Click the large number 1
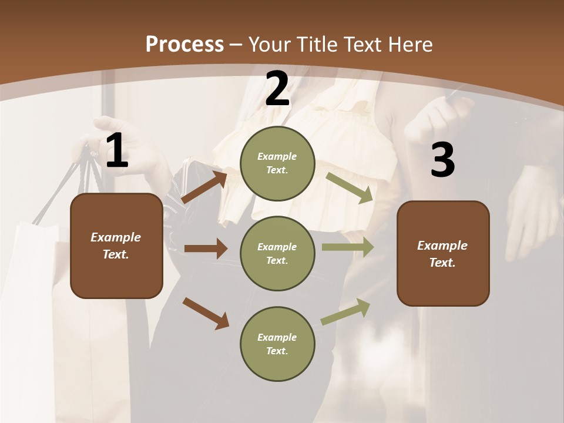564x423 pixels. point(117,151)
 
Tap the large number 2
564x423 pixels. point(277,89)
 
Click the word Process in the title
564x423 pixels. point(184,44)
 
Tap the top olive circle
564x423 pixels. point(277,163)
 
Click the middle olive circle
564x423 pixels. point(277,254)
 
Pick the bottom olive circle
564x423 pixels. point(277,344)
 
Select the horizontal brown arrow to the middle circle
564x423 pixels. point(206,249)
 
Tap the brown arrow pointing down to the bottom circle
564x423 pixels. point(206,313)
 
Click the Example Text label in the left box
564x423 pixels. point(116,246)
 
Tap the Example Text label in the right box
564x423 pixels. point(442,254)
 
